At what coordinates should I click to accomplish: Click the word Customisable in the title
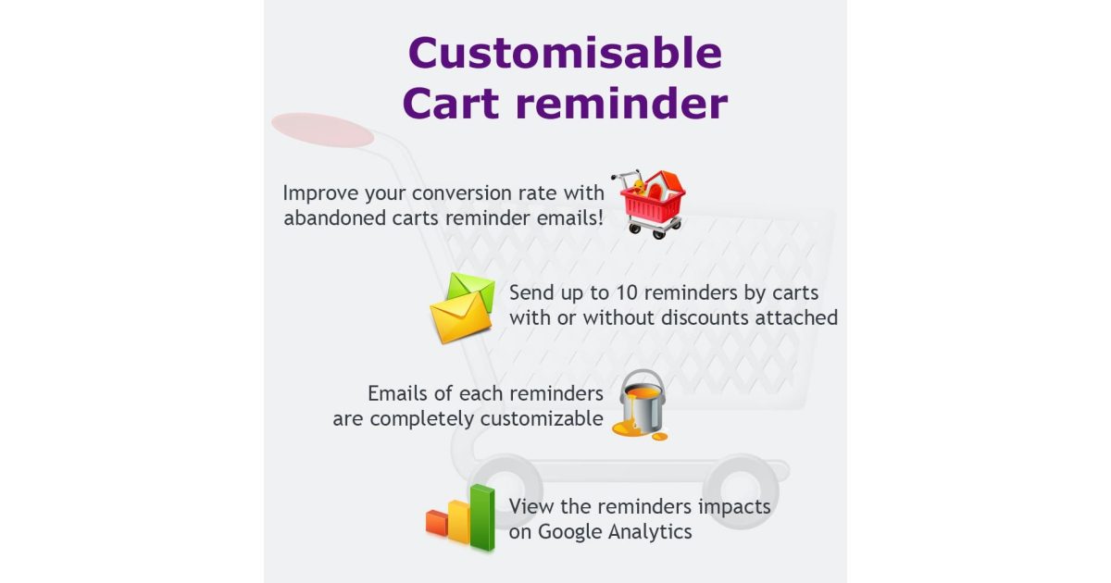click(x=565, y=54)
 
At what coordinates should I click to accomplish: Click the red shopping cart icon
click(x=652, y=205)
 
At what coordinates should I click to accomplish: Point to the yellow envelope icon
click(x=460, y=316)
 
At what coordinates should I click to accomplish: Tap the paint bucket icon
click(x=642, y=404)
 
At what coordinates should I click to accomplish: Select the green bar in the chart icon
click(x=482, y=517)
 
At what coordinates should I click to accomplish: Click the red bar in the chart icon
click(x=436, y=523)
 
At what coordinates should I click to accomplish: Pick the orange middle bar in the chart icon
click(x=458, y=522)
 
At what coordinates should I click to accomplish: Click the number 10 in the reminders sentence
click(x=626, y=292)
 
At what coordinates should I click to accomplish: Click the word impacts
click(x=734, y=507)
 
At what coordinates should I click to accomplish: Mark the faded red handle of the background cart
click(x=323, y=130)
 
